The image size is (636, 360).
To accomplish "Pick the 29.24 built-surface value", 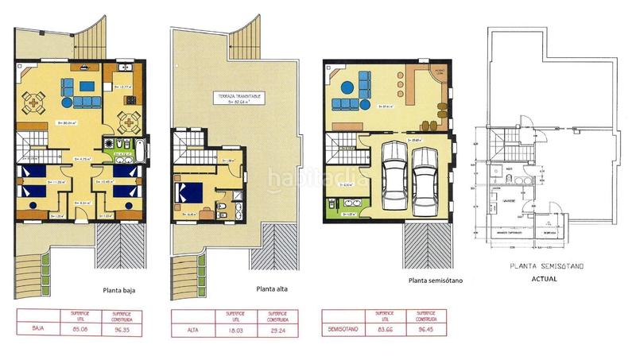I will pos(273,325).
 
